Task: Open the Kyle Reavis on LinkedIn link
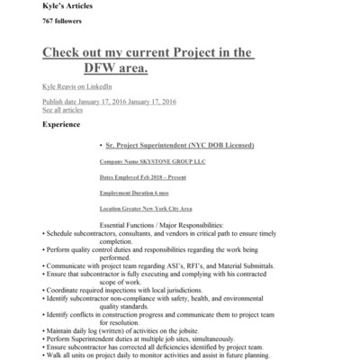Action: pyautogui.click(x=77, y=86)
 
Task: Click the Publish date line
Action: pyautogui.click(x=107, y=102)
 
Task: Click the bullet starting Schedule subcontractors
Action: pyautogui.click(x=153, y=233)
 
